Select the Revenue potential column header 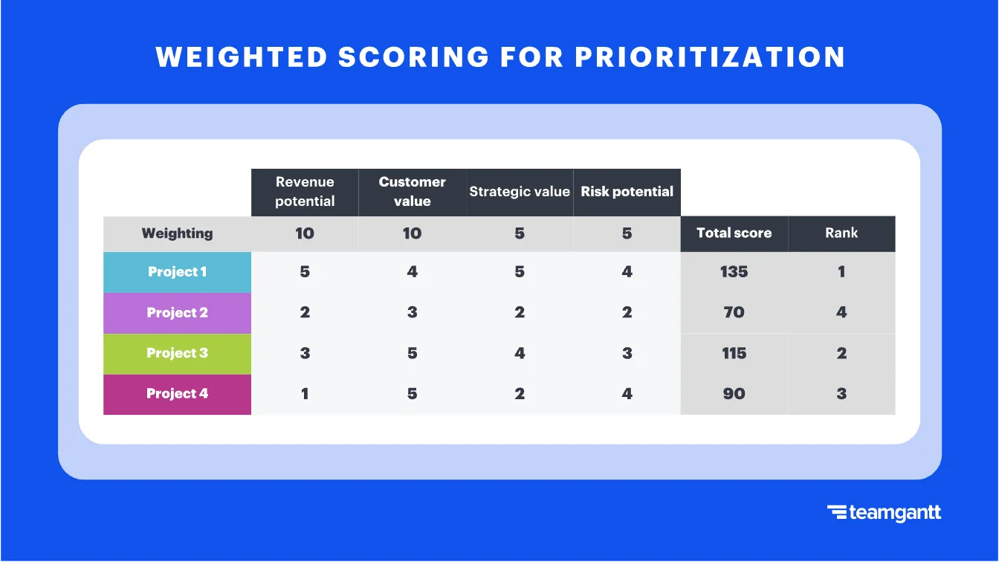point(305,192)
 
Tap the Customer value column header point(412,192)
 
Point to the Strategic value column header point(520,192)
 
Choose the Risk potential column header point(627,192)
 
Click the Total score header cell point(734,233)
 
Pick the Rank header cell point(841,233)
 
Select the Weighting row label point(177,233)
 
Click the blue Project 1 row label point(177,272)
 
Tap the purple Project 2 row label point(177,313)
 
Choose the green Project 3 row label point(177,353)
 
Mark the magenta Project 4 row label point(177,394)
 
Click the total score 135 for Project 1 point(734,272)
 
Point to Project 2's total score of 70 point(734,313)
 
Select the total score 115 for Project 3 point(734,353)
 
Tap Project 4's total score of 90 point(734,394)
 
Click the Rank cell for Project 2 point(841,313)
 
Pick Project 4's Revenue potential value point(305,394)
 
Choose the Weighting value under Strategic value point(520,233)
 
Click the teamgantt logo point(884,513)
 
